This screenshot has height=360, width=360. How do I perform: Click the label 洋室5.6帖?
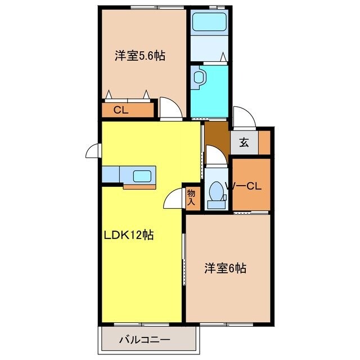tap(140, 56)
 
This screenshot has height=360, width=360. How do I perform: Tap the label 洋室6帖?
tap(224, 269)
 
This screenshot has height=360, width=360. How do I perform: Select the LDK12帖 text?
tap(128, 235)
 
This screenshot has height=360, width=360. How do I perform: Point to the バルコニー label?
tap(145, 340)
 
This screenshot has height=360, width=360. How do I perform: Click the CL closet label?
tap(121, 110)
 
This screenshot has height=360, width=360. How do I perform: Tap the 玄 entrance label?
tap(244, 142)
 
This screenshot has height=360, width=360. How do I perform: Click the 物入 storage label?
tap(191, 197)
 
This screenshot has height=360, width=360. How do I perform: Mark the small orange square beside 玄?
tap(265, 142)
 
